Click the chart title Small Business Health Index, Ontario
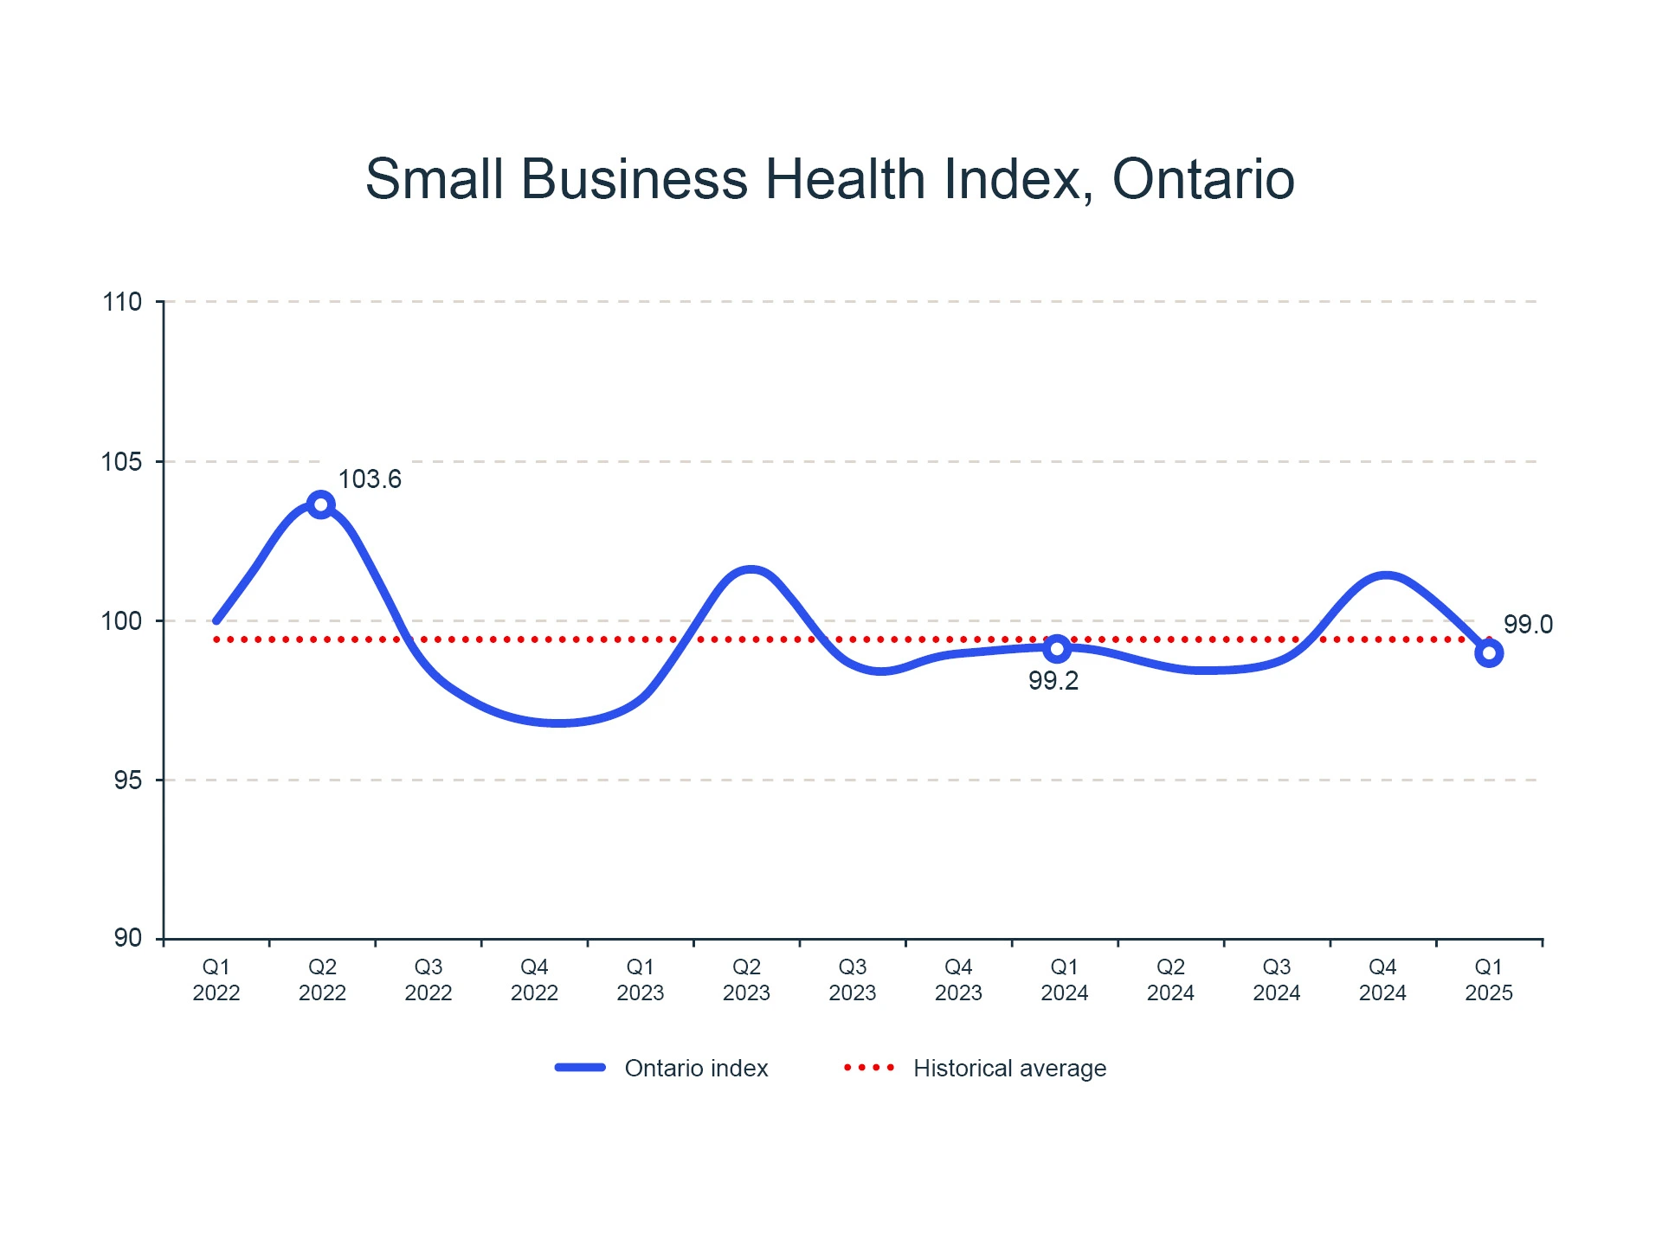829,179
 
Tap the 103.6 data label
370,479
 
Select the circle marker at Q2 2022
321,504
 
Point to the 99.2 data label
1053,681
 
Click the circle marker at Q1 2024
1057,648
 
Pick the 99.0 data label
1528,624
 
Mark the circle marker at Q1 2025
1489,653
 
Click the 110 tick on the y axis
122,302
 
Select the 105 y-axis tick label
122,461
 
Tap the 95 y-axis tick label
128,780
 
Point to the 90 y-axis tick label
128,938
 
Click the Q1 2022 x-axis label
216,979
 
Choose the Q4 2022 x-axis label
534,979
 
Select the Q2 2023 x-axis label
746,979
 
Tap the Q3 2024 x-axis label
1277,979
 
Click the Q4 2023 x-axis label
958,979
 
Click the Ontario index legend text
696,1069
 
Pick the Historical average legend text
1009,1069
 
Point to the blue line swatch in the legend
580,1068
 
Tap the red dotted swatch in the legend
869,1068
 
